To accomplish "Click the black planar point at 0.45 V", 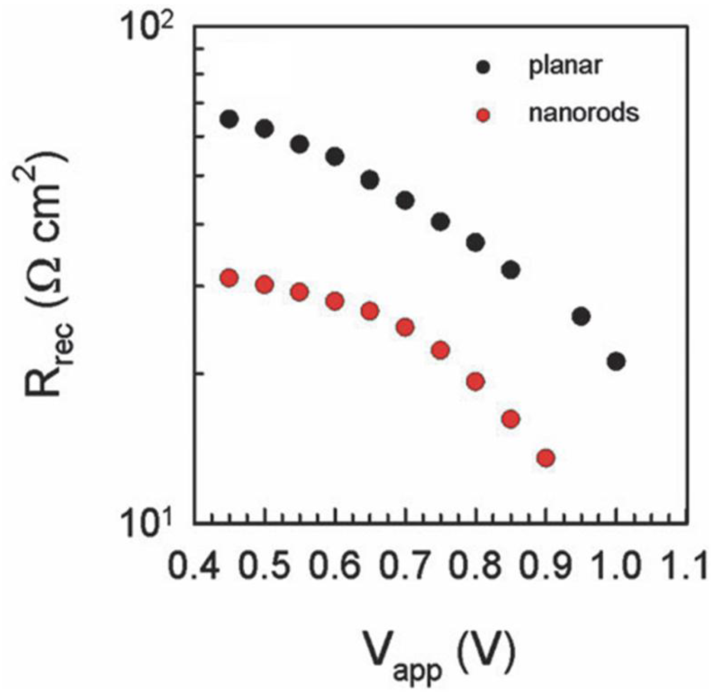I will (x=229, y=119).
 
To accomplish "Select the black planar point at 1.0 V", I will (x=616, y=362).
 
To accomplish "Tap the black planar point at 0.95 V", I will (x=581, y=316).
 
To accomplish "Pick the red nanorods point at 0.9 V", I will (x=546, y=458).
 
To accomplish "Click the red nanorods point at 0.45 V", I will (x=229, y=278).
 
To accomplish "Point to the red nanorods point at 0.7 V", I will (x=405, y=327).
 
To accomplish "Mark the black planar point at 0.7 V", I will (x=405, y=200).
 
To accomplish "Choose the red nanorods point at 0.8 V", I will (x=475, y=382).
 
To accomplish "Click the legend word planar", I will (x=565, y=66).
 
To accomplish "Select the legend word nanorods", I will (x=584, y=113).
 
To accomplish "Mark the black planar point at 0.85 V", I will (x=511, y=270).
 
